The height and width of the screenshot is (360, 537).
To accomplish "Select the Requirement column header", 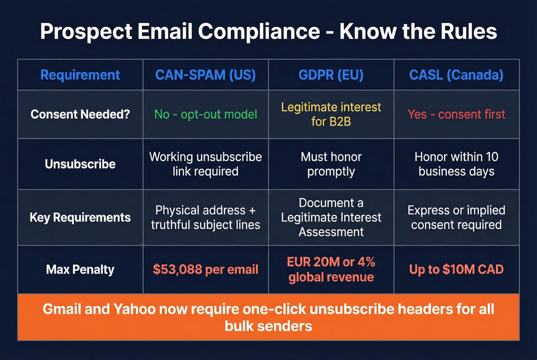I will (80, 75).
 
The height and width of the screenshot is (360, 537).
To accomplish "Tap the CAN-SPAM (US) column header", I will (205, 75).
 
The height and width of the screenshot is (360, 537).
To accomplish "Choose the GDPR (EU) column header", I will (331, 75).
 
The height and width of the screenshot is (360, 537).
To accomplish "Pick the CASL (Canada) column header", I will (456, 75).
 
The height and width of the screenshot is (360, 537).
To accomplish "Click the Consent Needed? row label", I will (80, 114).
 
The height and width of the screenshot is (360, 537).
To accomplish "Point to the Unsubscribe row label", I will (80, 164).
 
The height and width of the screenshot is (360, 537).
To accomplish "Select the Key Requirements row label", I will (80, 217).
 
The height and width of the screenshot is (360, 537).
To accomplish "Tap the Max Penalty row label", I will (80, 270).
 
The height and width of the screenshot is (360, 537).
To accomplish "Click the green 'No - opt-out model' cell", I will (205, 114).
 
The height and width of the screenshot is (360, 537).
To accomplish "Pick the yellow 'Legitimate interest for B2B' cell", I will (331, 114).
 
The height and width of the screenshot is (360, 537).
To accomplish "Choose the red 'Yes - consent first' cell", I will (456, 114).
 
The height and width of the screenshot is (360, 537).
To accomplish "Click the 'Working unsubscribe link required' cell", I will (205, 164).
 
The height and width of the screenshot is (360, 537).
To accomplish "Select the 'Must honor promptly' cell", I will (331, 164).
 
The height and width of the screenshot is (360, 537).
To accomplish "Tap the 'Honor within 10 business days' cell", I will (456, 164).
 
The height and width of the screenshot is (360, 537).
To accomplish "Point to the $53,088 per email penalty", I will (205, 270).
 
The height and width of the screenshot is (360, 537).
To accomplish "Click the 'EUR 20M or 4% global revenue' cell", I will (331, 270).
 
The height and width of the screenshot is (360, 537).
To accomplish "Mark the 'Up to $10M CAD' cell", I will (456, 270).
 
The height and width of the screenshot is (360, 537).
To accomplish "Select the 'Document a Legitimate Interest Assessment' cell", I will (331, 217).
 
